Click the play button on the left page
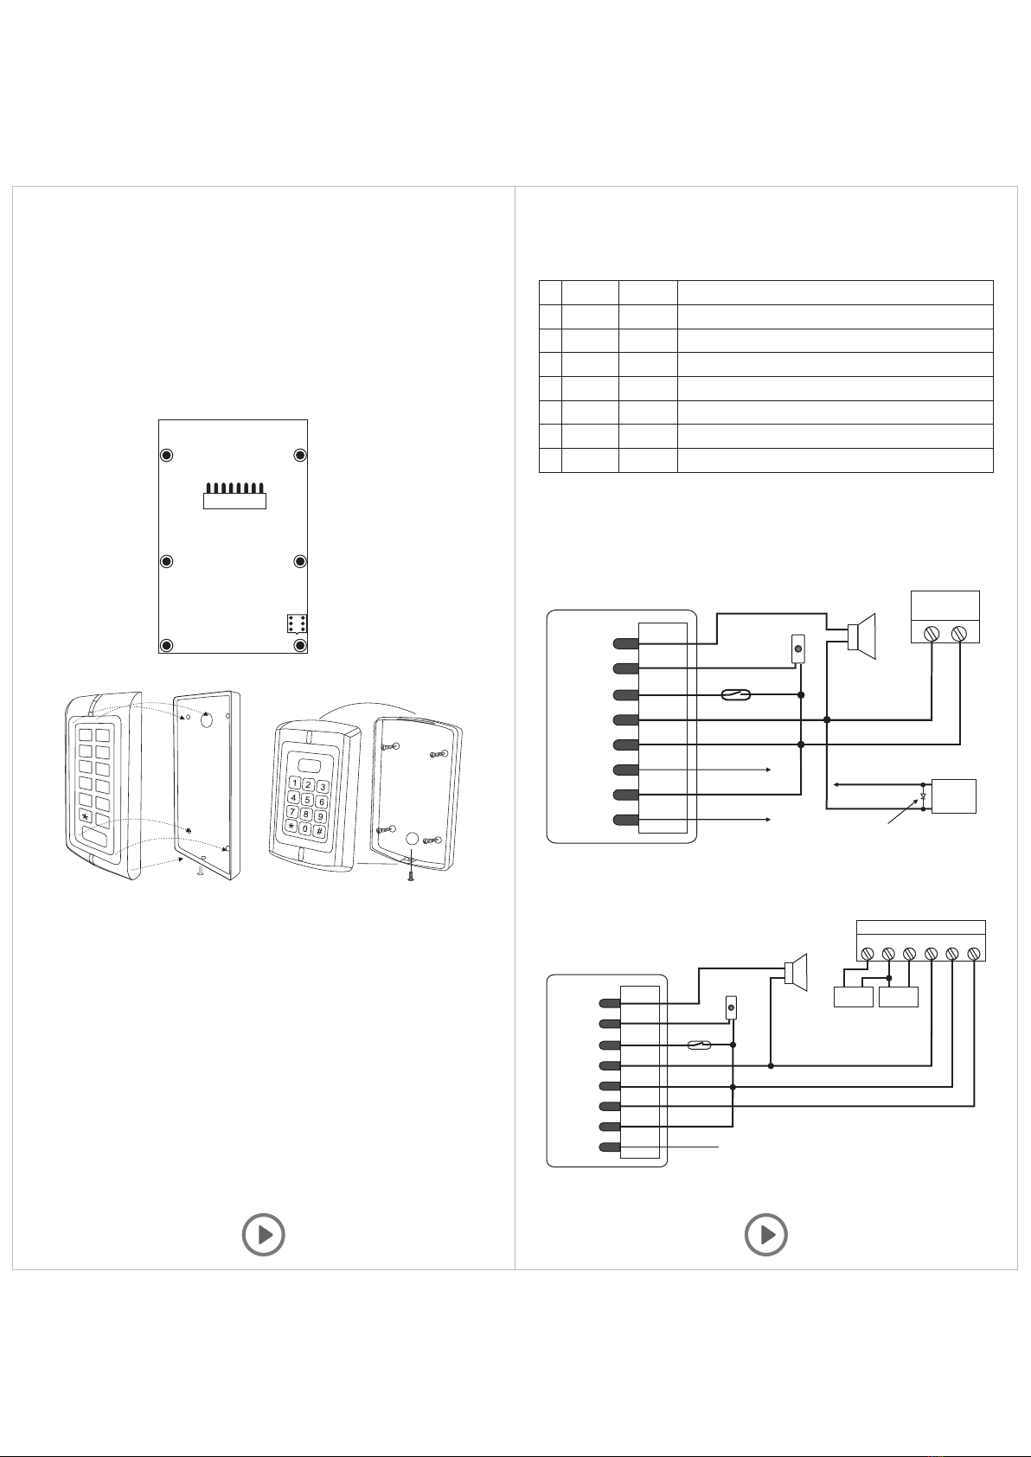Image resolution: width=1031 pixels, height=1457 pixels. click(x=263, y=1235)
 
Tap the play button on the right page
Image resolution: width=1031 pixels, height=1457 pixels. click(x=766, y=1235)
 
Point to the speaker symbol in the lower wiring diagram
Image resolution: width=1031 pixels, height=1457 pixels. click(x=795, y=973)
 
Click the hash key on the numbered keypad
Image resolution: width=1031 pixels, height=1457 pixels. click(x=319, y=831)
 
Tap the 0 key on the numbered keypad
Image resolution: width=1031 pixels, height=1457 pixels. click(x=305, y=828)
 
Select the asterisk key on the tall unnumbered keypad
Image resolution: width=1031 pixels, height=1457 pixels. click(x=85, y=816)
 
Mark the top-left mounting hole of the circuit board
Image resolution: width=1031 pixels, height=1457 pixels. click(x=168, y=456)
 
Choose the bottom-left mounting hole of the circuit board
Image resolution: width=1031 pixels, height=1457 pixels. click(x=168, y=646)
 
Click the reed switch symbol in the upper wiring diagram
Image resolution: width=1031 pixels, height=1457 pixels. click(x=736, y=694)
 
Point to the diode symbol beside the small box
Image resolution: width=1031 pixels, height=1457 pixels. click(x=924, y=796)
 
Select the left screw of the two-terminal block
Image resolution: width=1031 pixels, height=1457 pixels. click(x=932, y=634)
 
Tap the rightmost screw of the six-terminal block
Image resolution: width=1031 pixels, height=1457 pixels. click(x=974, y=954)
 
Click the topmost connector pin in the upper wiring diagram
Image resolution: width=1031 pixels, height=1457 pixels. click(x=625, y=644)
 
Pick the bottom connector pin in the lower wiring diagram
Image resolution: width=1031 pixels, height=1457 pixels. click(x=610, y=1147)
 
